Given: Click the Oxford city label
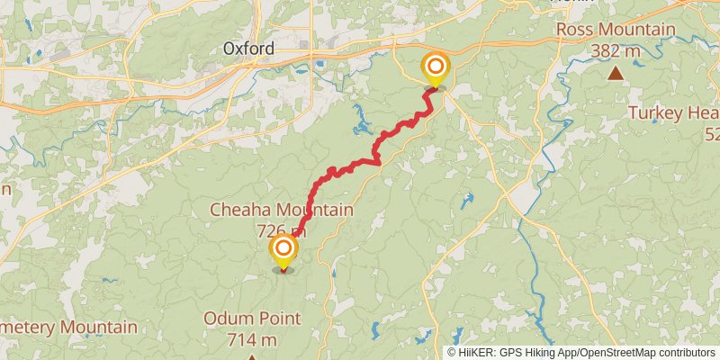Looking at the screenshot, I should tap(247, 49).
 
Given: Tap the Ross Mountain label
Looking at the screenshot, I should tap(616, 30).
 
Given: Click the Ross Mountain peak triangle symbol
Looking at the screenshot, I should tap(616, 73).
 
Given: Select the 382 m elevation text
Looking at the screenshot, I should tap(616, 50).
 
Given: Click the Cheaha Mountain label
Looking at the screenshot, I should tap(281, 210).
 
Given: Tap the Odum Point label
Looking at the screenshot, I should tap(252, 319).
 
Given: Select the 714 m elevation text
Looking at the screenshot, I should tap(252, 339).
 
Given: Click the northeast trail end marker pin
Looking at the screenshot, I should tap(436, 67).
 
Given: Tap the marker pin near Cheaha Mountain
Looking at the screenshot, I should tap(283, 250).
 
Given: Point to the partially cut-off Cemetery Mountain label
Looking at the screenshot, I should tap(68, 327).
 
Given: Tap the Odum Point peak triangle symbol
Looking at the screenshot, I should tap(252, 357).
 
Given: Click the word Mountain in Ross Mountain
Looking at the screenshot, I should tap(638, 30).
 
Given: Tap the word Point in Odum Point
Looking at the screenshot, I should tap(278, 319).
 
